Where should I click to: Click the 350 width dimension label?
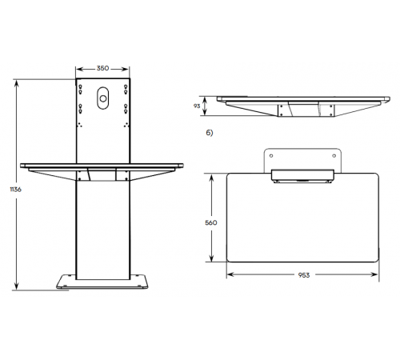click(x=102, y=68)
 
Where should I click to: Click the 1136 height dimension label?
click(x=16, y=190)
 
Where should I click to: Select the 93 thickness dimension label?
click(x=197, y=106)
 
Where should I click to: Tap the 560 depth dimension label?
click(x=211, y=222)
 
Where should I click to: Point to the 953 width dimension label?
click(x=304, y=275)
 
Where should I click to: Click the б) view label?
click(x=210, y=133)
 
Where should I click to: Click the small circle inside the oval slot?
click(x=103, y=98)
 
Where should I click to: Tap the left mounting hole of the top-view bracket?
click(x=271, y=156)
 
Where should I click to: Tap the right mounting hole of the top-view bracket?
click(x=334, y=156)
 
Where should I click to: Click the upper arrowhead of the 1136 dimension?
click(x=17, y=82)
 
